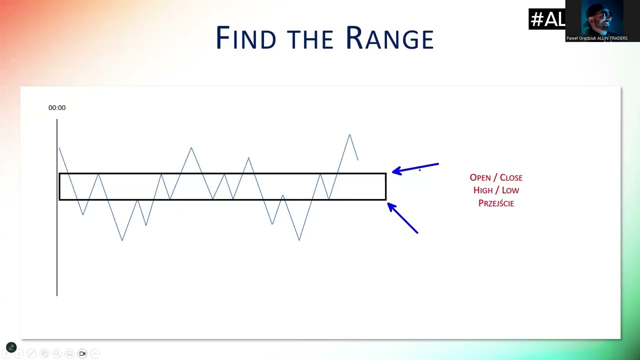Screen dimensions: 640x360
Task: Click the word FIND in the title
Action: (x=246, y=37)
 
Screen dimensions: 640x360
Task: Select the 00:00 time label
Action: (x=57, y=107)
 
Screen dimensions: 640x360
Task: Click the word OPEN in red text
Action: (x=480, y=177)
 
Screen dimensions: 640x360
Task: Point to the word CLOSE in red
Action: (x=511, y=177)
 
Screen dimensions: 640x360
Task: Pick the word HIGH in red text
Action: (x=483, y=190)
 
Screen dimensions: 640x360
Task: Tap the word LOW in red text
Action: (x=510, y=190)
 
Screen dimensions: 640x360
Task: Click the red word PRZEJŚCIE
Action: (x=496, y=203)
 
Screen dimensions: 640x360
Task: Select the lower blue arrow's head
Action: (x=389, y=205)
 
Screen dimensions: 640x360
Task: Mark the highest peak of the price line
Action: (x=349, y=134)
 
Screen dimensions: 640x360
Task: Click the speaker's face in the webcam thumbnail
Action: (x=600, y=18)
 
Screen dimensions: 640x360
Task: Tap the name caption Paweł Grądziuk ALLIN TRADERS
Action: (x=597, y=38)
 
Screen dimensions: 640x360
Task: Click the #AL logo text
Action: (x=547, y=19)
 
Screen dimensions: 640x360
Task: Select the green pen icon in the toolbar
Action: (x=11, y=347)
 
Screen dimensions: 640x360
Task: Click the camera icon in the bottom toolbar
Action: (x=82, y=353)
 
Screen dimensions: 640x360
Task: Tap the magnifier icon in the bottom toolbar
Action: (x=57, y=353)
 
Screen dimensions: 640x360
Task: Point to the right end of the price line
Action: (x=358, y=160)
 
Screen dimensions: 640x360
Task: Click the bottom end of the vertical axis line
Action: (x=57, y=295)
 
